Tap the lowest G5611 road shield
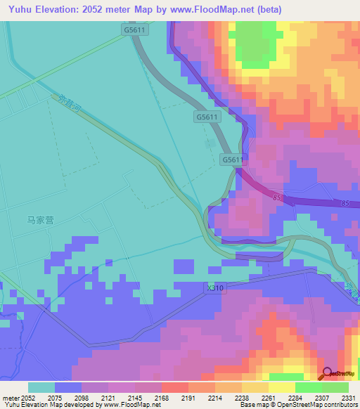233,160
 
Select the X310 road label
216,287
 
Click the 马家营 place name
41,219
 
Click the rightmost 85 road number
345,203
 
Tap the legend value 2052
29,398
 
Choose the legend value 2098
82,398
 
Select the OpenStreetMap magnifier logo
325,374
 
